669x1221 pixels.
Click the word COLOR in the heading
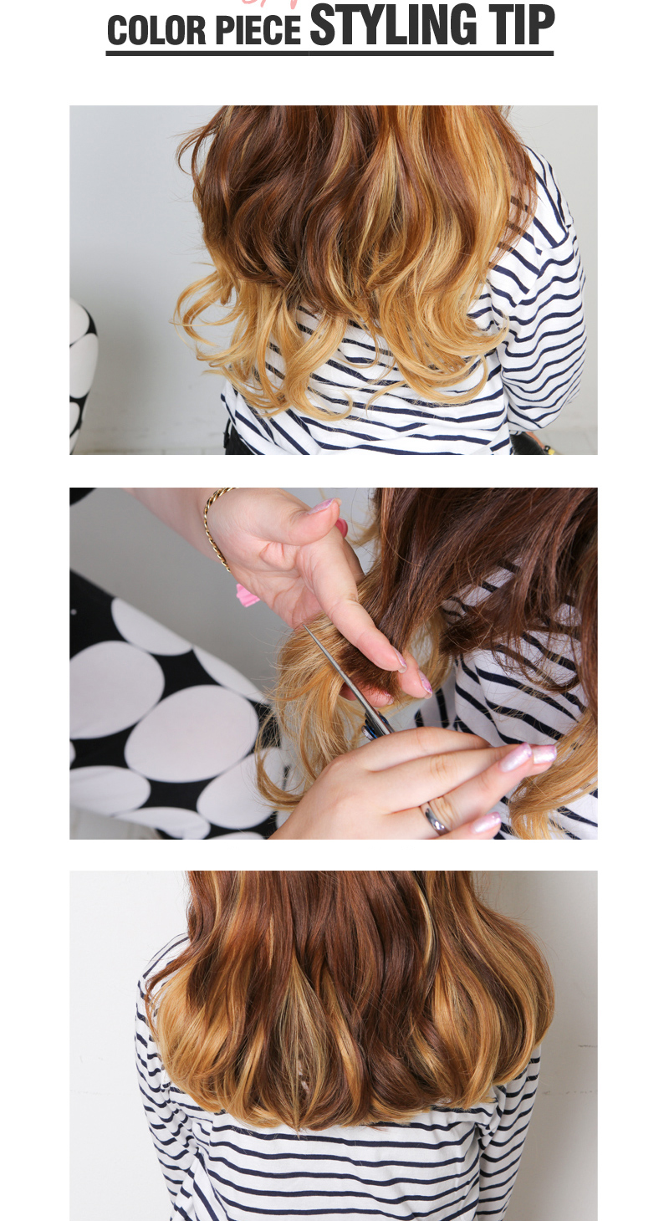click(x=156, y=30)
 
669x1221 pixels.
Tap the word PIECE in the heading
click(x=258, y=30)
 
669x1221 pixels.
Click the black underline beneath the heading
click(x=329, y=54)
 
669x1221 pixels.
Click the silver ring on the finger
click(x=437, y=820)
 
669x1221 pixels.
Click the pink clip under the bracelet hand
click(x=247, y=595)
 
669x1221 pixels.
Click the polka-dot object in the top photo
click(x=82, y=376)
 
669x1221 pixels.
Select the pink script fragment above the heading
click(x=271, y=3)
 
